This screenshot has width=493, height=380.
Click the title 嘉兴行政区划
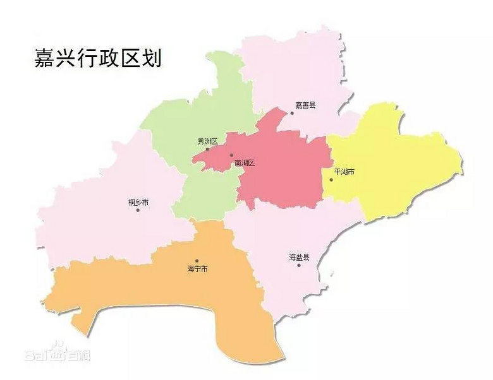[x=98, y=59]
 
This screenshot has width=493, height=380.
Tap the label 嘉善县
[x=305, y=105]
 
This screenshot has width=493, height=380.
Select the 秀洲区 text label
[x=207, y=141]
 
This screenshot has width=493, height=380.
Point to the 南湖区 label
[x=244, y=163]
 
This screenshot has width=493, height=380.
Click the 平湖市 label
[x=344, y=172]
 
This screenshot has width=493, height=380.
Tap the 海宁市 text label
[x=197, y=269]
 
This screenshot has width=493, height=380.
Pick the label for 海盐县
[x=299, y=257]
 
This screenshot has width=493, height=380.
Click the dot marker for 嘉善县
[x=292, y=114]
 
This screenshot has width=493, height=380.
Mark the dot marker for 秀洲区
[x=207, y=149]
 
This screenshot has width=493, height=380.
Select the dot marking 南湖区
[x=231, y=155]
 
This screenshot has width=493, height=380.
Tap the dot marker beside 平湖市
[x=331, y=179]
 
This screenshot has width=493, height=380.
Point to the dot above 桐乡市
[x=137, y=210]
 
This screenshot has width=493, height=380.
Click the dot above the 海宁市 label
[x=197, y=261]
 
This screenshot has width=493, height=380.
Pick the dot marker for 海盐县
[x=299, y=265]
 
